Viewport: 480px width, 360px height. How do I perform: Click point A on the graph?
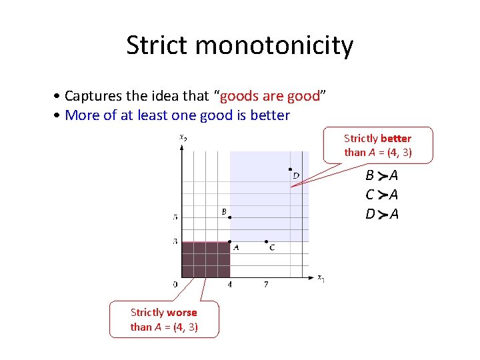(229, 241)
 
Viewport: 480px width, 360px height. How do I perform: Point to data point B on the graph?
(229, 217)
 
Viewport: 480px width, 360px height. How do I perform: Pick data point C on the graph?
(266, 241)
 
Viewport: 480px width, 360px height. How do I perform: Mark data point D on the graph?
(290, 169)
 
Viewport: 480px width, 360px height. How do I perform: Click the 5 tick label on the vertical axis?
(175, 217)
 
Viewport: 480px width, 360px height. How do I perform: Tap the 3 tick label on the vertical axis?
(175, 241)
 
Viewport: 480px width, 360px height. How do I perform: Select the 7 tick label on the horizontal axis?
(266, 285)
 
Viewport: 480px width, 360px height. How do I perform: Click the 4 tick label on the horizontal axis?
(229, 285)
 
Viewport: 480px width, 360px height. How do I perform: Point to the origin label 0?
(175, 285)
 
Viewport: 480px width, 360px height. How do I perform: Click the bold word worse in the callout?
(182, 313)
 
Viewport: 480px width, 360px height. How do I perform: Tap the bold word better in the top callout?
(396, 139)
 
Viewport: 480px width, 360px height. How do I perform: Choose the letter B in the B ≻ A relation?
(369, 176)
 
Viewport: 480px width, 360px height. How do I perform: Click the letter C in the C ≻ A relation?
(369, 195)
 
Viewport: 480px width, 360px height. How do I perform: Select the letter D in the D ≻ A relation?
(369, 214)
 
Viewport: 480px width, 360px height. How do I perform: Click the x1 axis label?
(321, 278)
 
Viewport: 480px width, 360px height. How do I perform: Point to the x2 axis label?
(183, 137)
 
